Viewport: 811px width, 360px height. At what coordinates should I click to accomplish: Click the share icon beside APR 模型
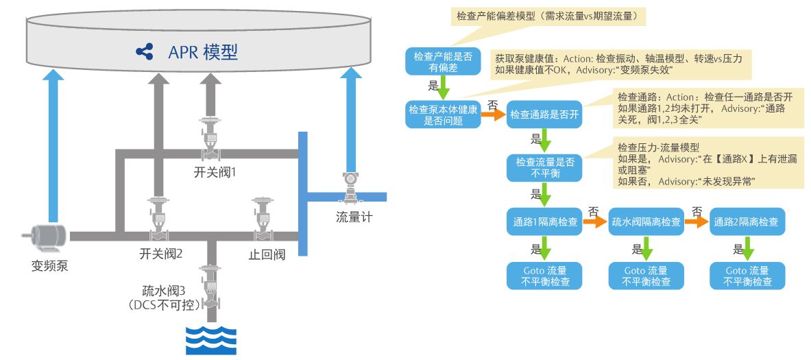tap(144, 51)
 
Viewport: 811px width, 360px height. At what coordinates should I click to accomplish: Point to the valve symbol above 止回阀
tap(263, 216)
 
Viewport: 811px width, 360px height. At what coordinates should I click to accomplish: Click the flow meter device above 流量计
tap(351, 187)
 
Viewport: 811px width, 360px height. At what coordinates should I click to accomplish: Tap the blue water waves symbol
tap(211, 340)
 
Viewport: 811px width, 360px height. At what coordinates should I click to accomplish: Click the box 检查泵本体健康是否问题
tap(443, 115)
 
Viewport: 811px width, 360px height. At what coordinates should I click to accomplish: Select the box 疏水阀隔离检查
tap(646, 222)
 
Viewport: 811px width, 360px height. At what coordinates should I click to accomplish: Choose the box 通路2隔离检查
tap(748, 222)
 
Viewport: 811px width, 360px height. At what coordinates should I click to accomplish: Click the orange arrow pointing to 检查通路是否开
tap(493, 115)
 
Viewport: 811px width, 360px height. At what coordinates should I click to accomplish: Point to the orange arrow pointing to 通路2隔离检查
tap(697, 221)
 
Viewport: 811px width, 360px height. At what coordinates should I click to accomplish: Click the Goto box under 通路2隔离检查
tap(748, 276)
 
